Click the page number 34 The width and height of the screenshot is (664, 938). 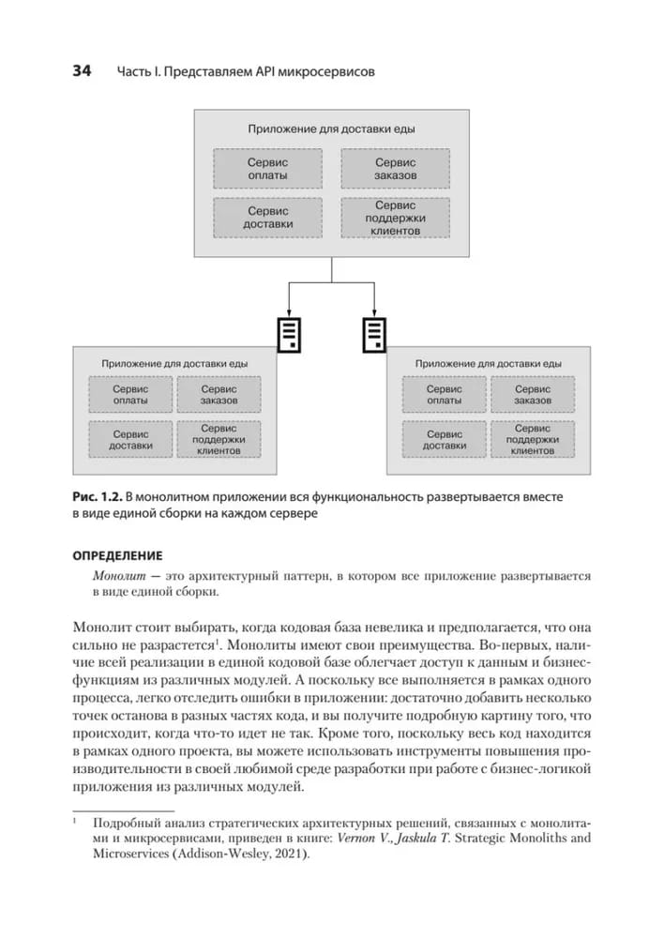click(75, 72)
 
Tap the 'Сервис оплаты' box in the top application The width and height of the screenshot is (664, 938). click(267, 169)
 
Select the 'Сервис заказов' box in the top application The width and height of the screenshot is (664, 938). click(395, 169)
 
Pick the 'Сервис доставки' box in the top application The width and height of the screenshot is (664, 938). click(267, 218)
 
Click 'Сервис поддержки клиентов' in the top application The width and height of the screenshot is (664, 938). click(395, 218)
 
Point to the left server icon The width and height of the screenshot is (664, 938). click(289, 334)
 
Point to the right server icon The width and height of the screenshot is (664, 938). click(374, 334)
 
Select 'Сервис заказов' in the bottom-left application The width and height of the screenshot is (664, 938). click(219, 395)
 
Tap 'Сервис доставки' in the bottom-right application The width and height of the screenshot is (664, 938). click(444, 440)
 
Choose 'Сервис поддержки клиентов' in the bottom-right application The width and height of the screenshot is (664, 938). click(533, 440)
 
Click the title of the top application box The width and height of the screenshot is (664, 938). click(332, 129)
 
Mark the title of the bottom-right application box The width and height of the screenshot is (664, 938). click(488, 362)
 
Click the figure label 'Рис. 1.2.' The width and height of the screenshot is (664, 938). click(98, 495)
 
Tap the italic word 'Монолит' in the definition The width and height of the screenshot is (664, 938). click(119, 575)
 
